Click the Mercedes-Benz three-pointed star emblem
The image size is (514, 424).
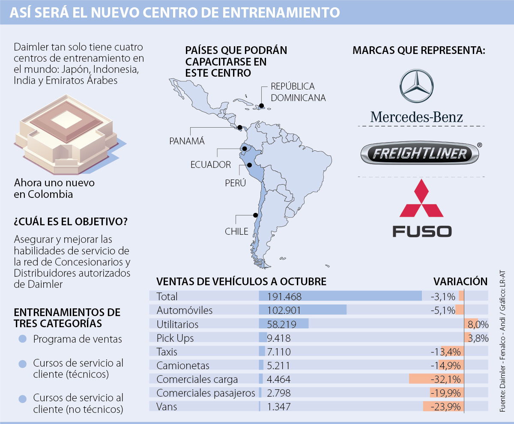point(416,87)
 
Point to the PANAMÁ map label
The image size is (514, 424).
point(187,141)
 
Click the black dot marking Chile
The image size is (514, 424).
point(256,215)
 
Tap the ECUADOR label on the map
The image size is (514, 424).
point(211,164)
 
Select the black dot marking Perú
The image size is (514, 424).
point(249,164)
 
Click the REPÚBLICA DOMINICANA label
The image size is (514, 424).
point(298,92)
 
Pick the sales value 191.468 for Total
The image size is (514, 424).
point(284,296)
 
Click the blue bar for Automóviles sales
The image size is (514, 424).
point(302,310)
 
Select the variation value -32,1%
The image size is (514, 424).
point(445,379)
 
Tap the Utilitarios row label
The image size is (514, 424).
point(177,324)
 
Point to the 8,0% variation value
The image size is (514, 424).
point(478,324)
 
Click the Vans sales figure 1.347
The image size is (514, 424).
point(279,406)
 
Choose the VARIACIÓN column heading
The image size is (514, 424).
point(460,281)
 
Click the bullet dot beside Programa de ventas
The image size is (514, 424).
point(23,339)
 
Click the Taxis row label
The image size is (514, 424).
point(167,352)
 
